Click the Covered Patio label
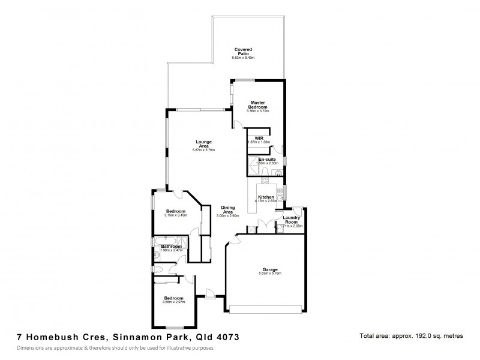[x=243, y=51]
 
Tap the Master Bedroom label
[x=257, y=104]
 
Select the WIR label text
[x=259, y=138]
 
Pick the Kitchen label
[x=265, y=197]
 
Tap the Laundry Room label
[x=291, y=220]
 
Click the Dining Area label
[x=227, y=209]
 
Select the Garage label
[x=269, y=269]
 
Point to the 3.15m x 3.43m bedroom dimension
[x=176, y=215]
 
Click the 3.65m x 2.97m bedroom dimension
[x=173, y=302]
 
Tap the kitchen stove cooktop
[x=265, y=179]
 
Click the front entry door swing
[x=210, y=294]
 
